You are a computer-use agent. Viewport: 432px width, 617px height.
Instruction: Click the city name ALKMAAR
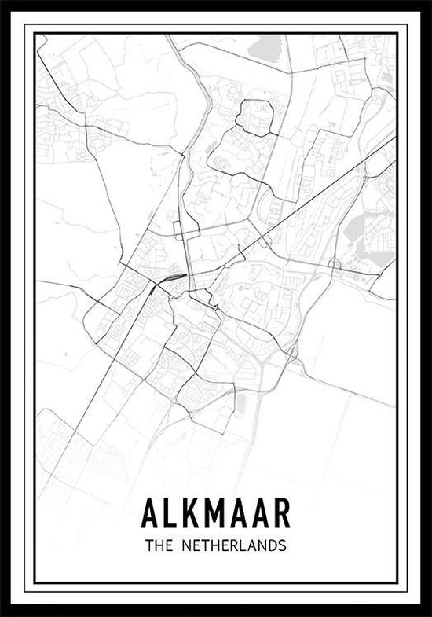[x=216, y=512]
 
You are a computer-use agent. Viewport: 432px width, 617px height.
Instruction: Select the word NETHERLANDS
[x=235, y=545]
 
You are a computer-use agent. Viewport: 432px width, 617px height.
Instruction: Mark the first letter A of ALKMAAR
[x=149, y=512]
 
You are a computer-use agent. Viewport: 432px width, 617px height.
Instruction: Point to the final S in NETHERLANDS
[x=280, y=545]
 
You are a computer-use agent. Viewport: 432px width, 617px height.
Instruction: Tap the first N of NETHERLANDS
[x=188, y=545]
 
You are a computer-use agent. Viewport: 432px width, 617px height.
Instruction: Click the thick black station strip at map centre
[x=172, y=277]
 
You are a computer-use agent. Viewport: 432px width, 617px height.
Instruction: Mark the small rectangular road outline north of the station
[x=180, y=230]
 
